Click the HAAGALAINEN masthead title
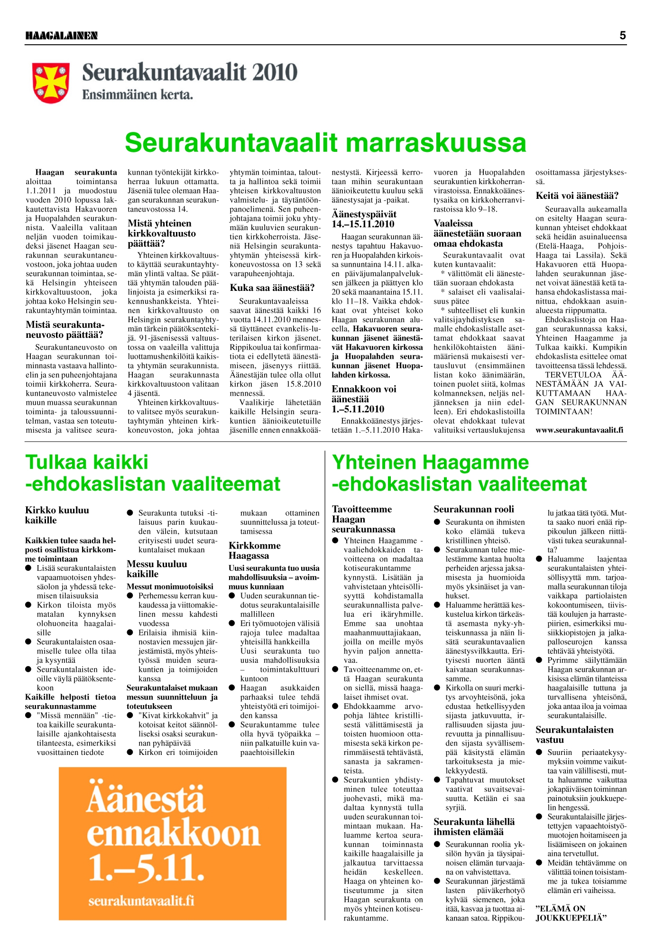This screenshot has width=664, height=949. click(61, 36)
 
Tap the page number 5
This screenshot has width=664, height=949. click(622, 36)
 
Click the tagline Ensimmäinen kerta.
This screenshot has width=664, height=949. click(138, 95)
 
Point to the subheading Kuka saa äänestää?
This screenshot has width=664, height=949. click(272, 288)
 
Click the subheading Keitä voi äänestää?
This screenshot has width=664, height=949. click(577, 195)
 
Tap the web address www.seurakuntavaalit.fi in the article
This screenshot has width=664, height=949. click(579, 430)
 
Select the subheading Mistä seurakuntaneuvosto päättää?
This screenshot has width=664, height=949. click(65, 330)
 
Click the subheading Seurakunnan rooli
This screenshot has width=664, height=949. click(473, 509)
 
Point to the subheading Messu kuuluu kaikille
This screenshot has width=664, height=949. click(157, 568)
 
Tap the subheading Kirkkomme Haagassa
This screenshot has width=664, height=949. click(255, 550)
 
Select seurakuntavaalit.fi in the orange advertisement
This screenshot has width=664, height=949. click(141, 900)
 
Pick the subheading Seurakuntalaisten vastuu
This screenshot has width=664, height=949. click(574, 735)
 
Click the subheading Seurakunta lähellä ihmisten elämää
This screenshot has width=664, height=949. click(474, 827)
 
